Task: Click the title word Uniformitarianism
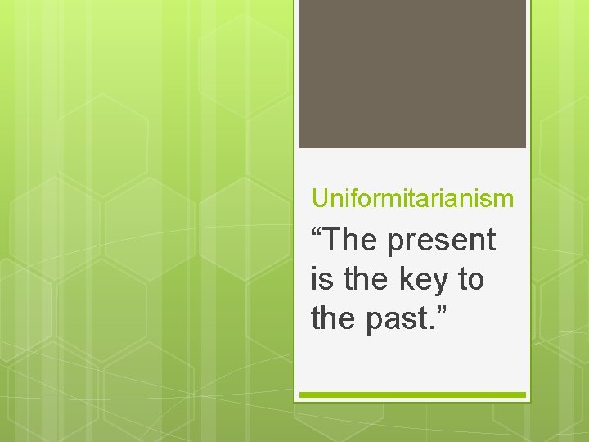413,198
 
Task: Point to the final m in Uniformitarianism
506,200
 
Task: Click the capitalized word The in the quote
353,241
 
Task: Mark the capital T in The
337,241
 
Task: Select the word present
442,242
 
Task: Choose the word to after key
470,280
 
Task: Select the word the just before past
334,318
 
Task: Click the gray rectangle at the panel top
412,74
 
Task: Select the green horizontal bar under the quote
412,395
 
